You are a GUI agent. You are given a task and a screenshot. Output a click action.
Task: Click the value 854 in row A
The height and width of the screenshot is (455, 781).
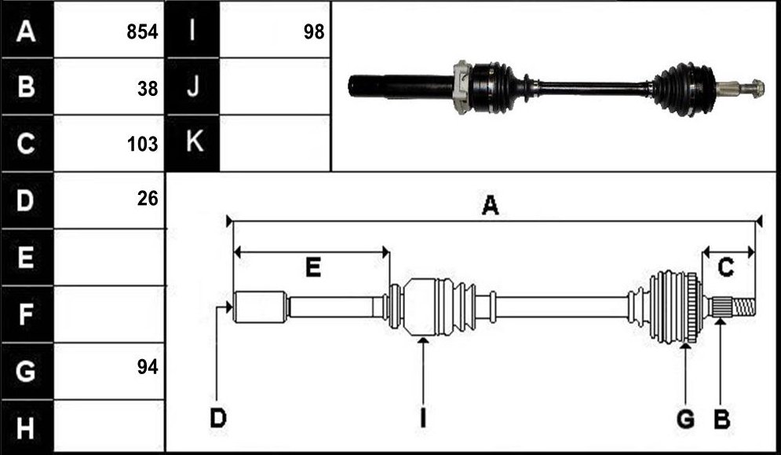(x=142, y=32)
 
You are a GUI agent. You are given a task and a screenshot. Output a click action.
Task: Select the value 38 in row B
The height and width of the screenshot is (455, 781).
(x=148, y=89)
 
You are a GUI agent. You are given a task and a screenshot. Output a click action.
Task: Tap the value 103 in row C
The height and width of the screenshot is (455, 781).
(x=142, y=144)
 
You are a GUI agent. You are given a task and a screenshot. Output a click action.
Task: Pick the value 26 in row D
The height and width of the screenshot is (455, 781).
(x=148, y=199)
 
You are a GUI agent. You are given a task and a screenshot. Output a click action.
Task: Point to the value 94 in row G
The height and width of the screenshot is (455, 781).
(x=148, y=367)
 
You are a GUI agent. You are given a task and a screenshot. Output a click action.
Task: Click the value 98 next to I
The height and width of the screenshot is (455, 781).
(x=314, y=32)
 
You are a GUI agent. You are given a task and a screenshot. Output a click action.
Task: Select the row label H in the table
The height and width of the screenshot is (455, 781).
(x=26, y=427)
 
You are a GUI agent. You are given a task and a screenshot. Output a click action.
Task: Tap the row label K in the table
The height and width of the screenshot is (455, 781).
(x=194, y=143)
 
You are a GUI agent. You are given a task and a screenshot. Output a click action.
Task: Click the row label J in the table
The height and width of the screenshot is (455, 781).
(x=193, y=86)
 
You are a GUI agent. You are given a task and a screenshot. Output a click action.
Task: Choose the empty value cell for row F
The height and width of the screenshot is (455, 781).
(x=109, y=314)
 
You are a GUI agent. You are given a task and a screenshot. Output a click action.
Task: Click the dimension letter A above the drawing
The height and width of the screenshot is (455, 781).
(x=490, y=205)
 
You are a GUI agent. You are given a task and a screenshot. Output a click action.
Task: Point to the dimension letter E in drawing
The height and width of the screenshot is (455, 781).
(x=313, y=268)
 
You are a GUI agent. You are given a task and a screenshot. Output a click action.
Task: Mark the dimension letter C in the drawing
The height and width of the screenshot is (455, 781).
(x=725, y=268)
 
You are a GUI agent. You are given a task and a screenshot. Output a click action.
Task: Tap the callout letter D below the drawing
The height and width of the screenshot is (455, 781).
(x=218, y=418)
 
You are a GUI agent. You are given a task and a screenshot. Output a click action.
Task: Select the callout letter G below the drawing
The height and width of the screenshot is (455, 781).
(x=685, y=419)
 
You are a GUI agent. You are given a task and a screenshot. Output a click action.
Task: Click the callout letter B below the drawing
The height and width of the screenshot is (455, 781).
(x=721, y=419)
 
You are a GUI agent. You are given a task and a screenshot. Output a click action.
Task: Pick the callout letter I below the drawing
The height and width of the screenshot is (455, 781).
(x=423, y=418)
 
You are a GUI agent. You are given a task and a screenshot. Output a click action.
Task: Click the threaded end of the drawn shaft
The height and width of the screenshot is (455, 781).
(x=743, y=306)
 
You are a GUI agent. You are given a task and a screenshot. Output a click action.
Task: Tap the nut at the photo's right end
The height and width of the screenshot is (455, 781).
(x=757, y=89)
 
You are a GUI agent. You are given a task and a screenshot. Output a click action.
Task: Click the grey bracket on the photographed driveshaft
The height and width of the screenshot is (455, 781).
(x=462, y=86)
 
